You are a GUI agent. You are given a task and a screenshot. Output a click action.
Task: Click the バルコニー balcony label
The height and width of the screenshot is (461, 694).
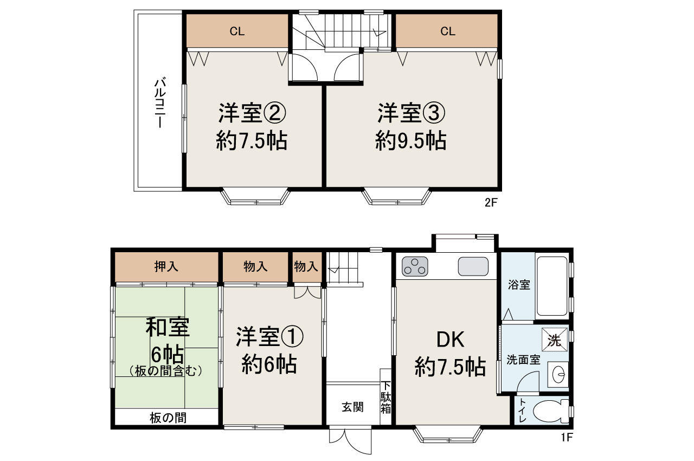pos(159,103)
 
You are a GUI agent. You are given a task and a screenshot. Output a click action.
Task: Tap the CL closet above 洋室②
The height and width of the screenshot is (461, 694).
pos(237,31)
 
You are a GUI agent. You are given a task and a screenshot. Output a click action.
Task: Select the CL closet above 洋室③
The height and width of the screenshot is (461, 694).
pos(447,31)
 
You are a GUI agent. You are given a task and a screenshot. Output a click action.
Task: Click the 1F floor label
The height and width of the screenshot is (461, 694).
pos(567,437)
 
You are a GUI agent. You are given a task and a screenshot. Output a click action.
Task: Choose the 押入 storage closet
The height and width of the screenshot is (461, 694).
pos(166,266)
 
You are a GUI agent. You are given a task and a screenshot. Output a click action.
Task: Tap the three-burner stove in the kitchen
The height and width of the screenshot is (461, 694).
pos(415,266)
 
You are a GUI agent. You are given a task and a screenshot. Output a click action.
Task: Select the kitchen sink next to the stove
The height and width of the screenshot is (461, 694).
pos(473,266)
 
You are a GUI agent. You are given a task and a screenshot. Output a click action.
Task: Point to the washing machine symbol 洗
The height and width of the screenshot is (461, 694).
pos(554,341)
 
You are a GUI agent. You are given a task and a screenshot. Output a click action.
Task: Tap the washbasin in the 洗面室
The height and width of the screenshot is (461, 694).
pos(558,374)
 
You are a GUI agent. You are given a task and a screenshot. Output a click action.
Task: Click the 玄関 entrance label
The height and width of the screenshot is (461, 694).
pos(352,407)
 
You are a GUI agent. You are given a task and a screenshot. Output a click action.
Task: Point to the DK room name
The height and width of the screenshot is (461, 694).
pos(451,340)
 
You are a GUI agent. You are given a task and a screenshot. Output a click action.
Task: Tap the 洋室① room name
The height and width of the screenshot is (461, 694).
pos(269,337)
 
